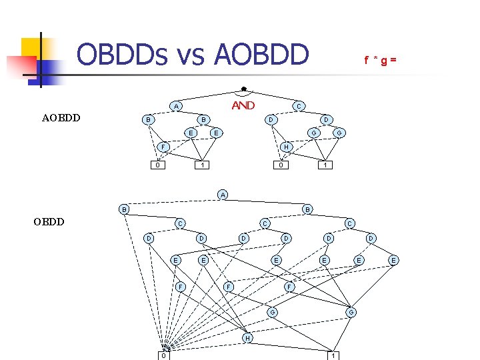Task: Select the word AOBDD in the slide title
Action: (261, 55)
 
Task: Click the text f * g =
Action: (381, 61)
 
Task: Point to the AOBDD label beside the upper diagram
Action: (61, 118)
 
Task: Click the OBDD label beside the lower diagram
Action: (49, 221)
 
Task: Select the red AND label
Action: (243, 105)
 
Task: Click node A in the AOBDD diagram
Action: (175, 106)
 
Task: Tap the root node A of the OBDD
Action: (223, 195)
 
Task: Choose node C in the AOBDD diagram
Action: (299, 106)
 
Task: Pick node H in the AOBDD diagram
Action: (285, 147)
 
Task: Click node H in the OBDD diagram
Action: (247, 338)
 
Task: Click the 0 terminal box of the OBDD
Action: (164, 355)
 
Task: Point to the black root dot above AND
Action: (243, 89)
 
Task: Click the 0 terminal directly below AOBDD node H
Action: (282, 165)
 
